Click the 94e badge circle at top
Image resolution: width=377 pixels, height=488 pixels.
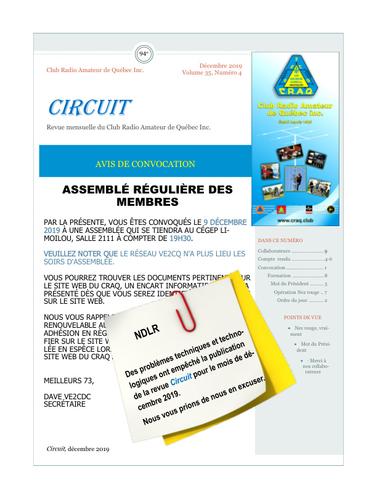click(144, 54)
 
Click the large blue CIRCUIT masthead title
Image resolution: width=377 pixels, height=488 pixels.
click(89, 108)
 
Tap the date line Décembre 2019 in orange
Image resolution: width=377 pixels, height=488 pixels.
click(221, 65)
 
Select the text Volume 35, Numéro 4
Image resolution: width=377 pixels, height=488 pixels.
click(212, 73)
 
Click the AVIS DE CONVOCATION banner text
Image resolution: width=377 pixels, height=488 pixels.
click(145, 164)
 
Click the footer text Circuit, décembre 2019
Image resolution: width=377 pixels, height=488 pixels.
click(78, 449)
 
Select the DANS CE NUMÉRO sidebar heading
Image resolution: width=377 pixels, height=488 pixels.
click(280, 240)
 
